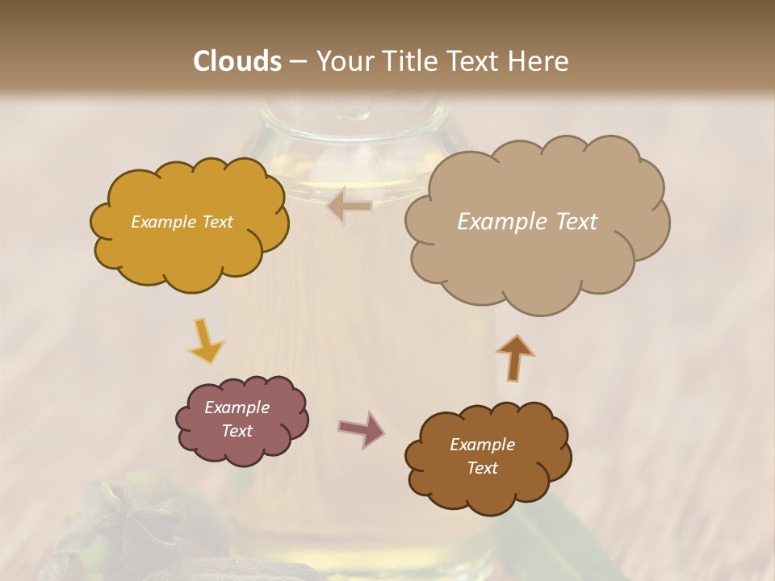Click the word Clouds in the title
pyautogui.click(x=237, y=61)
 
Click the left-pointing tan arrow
pyautogui.click(x=349, y=207)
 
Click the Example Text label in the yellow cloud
pyautogui.click(x=182, y=222)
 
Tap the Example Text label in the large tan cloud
pyautogui.click(x=527, y=222)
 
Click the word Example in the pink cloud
pyautogui.click(x=237, y=408)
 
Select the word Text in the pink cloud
pyautogui.click(x=237, y=431)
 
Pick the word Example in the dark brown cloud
pyautogui.click(x=482, y=445)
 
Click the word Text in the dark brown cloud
pyautogui.click(x=482, y=468)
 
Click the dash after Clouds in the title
pyautogui.click(x=298, y=61)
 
